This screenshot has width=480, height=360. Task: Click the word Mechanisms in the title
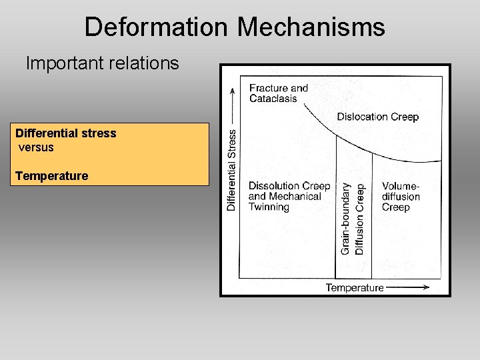(x=311, y=27)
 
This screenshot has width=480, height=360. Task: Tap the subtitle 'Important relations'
(x=102, y=63)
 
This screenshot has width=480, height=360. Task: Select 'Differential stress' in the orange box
(x=66, y=133)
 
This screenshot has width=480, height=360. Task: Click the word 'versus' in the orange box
(x=36, y=147)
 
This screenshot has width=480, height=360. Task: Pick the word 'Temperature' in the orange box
(x=52, y=176)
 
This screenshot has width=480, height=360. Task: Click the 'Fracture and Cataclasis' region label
(x=279, y=93)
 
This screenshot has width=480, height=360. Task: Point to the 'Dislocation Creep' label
(x=377, y=117)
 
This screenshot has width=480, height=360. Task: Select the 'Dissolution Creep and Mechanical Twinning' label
(x=289, y=197)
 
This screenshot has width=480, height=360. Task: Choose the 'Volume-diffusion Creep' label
(x=401, y=197)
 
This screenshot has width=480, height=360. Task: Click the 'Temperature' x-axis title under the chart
(x=354, y=287)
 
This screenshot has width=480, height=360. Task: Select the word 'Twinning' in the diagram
(x=269, y=207)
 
